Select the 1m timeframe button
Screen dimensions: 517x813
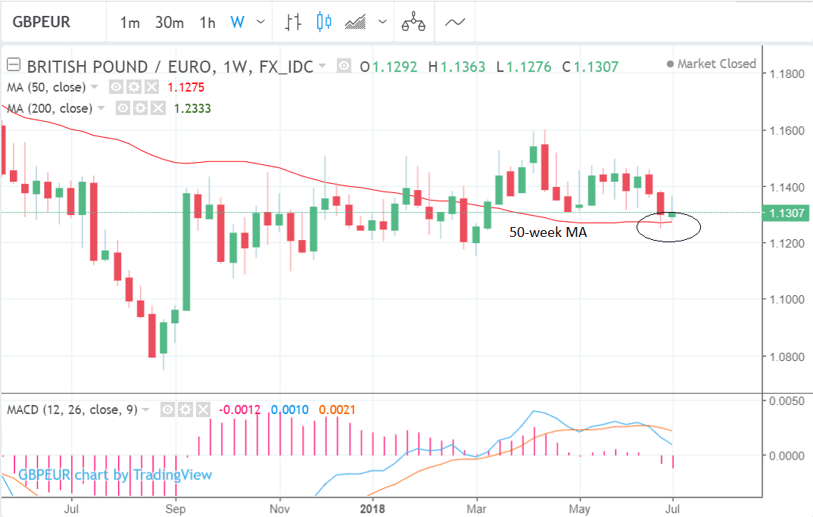129,23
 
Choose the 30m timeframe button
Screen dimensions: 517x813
169,23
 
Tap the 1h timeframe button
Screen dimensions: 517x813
207,23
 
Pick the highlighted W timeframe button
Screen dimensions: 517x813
237,23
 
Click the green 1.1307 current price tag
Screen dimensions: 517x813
788,213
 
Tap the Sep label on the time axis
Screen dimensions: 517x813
176,508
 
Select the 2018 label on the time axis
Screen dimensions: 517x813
372,508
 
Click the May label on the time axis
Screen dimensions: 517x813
580,508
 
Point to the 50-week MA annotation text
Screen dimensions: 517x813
547,233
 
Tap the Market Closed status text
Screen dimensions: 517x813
716,64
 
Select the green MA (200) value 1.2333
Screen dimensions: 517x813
192,108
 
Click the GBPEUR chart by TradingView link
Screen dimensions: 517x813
115,475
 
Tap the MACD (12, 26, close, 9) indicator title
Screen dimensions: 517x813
72,410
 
